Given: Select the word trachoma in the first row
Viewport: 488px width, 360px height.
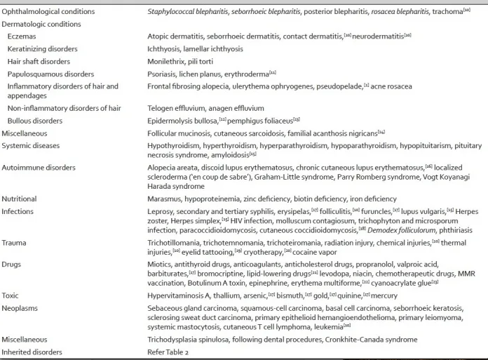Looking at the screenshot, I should coord(447,12).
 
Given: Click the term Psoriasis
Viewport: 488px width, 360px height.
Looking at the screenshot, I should coord(161,74).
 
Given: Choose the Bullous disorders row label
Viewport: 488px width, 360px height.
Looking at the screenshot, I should coord(35,120).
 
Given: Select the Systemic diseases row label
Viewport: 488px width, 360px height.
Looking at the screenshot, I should coord(31,145).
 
